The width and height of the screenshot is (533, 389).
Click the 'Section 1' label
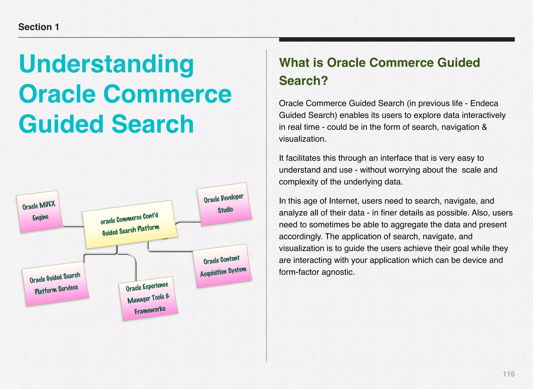pos(39,27)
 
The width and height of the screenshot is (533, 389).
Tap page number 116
pos(508,374)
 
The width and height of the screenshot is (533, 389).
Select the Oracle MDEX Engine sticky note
pos(40,211)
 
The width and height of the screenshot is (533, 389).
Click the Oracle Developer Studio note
pos(224,204)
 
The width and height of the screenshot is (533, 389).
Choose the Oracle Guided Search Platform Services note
pos(55,284)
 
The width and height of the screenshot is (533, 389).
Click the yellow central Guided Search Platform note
pos(130,224)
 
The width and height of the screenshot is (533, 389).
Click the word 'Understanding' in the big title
pos(106,64)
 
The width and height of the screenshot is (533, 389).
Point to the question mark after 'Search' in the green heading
pos(324,81)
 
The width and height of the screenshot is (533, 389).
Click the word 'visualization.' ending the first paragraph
pos(302,139)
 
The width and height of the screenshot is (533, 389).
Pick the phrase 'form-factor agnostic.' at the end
pos(316,272)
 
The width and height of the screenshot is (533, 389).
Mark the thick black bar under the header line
pos(397,40)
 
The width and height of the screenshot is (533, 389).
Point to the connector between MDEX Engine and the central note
pos(73,227)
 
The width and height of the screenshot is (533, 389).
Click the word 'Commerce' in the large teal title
pos(167,94)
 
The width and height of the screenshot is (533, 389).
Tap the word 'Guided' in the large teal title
pos(61,124)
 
